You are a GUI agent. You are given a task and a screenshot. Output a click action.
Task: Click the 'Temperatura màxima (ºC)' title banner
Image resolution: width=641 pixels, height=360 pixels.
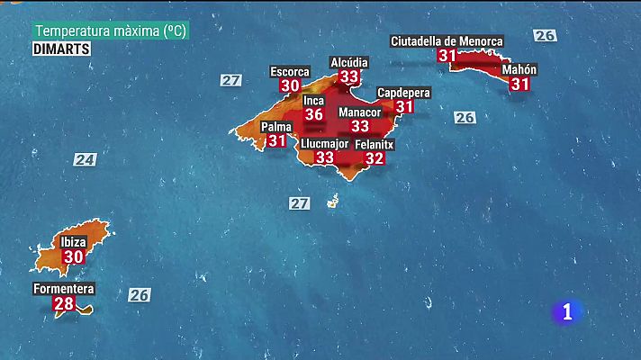(x=111, y=31)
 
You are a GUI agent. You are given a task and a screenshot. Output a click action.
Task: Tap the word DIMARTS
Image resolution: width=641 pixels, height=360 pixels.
(x=61, y=49)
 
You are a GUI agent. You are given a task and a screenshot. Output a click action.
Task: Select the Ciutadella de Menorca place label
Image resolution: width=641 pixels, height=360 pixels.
(x=447, y=40)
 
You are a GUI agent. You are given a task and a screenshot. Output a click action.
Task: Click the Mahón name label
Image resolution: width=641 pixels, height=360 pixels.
(x=519, y=69)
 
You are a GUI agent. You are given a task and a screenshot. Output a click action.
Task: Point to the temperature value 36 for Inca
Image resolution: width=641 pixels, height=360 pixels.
(x=314, y=114)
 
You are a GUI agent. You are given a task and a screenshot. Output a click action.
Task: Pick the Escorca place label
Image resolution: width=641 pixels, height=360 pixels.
(x=290, y=71)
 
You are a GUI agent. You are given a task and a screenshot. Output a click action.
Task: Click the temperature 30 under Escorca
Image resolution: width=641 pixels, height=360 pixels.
(x=290, y=85)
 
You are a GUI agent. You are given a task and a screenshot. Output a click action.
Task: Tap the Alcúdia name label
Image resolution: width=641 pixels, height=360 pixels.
(x=349, y=62)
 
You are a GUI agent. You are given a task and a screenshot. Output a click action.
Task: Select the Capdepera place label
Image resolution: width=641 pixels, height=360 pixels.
(x=403, y=93)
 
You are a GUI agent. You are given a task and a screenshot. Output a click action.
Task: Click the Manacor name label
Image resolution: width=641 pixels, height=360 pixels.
(x=359, y=112)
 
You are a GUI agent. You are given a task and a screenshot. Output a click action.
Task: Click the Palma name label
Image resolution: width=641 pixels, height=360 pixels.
(x=276, y=127)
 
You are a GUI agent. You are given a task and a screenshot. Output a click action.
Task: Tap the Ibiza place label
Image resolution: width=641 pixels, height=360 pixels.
(x=73, y=242)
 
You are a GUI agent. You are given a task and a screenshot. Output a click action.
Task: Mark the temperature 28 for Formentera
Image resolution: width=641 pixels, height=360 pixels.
(x=64, y=303)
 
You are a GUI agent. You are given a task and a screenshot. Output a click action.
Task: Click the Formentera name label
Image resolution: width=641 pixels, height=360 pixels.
(x=64, y=289)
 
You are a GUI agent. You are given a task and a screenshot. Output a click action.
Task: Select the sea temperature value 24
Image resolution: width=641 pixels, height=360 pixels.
(x=85, y=159)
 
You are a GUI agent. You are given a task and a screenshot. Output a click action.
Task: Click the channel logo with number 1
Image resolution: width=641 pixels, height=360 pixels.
(x=567, y=311)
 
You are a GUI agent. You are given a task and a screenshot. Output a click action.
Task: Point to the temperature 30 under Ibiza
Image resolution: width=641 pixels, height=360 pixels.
(x=73, y=256)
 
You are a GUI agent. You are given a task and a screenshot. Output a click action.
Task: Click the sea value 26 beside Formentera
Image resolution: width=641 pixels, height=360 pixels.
(x=139, y=294)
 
